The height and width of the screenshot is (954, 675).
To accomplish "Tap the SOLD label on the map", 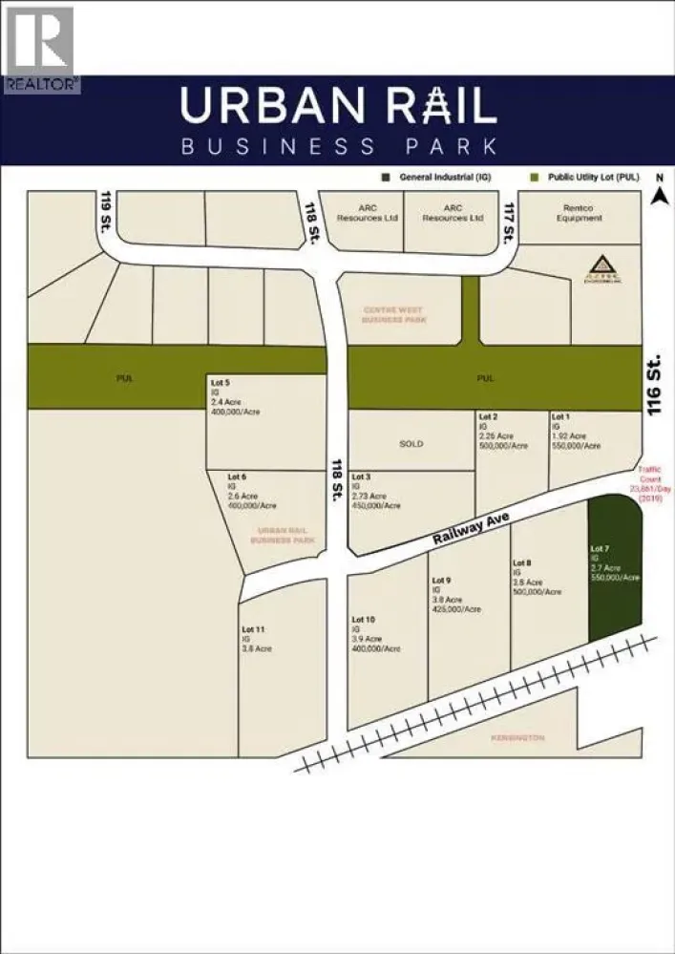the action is pos(411,444).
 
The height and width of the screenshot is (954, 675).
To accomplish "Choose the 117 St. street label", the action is pos(512,223).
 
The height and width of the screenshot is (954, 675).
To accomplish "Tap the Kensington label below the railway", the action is pos(518,738).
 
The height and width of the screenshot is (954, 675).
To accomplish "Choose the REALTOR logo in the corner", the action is pos(40,48).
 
